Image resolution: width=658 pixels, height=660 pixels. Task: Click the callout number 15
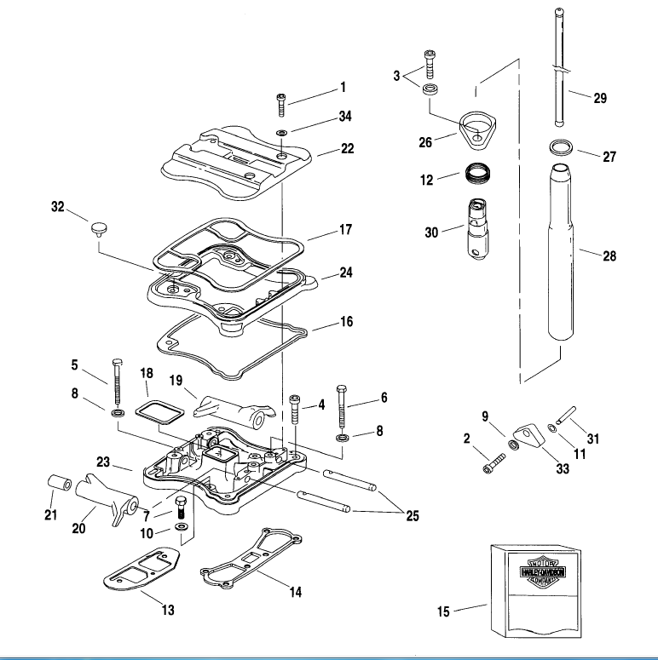[442, 611]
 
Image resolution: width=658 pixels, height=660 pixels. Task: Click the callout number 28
[609, 256]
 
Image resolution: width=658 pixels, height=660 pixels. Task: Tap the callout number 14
[295, 592]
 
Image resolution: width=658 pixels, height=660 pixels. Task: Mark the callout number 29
[600, 99]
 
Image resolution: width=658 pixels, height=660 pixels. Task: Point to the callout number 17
[344, 230]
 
